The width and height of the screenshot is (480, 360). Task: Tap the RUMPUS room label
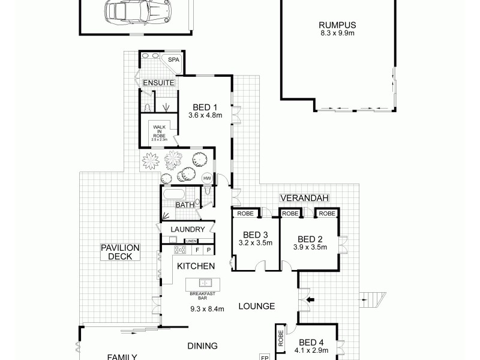337,25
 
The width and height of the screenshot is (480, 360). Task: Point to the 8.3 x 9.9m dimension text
337,34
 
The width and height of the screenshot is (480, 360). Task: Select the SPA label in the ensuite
173,60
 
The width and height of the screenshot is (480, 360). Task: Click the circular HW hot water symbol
207,179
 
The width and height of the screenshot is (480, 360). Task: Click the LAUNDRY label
188,229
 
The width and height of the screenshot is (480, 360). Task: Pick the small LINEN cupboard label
191,241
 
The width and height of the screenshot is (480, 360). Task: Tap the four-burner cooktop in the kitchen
179,250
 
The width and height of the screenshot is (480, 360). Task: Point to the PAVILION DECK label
120,251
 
